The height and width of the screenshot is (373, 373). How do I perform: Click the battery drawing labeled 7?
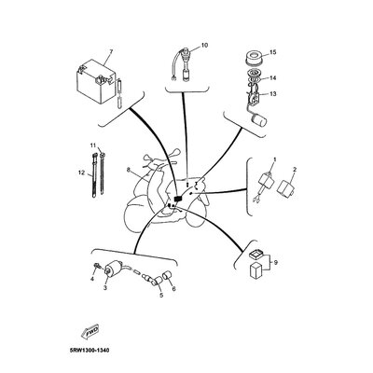(x=96, y=82)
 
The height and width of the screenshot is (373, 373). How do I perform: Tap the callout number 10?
(x=204, y=45)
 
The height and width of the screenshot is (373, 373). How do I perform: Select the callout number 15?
(x=272, y=52)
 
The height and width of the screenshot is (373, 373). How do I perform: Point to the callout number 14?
(x=272, y=78)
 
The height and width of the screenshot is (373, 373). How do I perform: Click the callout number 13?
(x=272, y=94)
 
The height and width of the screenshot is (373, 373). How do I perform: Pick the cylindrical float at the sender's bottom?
(x=259, y=119)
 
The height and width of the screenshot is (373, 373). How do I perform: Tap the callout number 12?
(x=81, y=173)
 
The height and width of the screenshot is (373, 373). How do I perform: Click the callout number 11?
(x=93, y=145)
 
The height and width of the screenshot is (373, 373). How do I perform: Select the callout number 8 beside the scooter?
(x=129, y=170)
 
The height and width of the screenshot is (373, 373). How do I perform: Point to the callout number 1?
(x=274, y=159)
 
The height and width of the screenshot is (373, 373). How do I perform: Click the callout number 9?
(x=276, y=263)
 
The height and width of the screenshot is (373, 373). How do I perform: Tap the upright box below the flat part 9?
(x=256, y=269)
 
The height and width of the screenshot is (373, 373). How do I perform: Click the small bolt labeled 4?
(x=97, y=266)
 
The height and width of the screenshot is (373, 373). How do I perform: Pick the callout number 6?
(x=173, y=289)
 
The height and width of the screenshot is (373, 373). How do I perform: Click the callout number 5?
(x=161, y=296)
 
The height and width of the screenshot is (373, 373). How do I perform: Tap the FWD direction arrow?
(x=90, y=331)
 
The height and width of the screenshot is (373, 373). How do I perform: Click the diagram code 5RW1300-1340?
(x=90, y=351)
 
